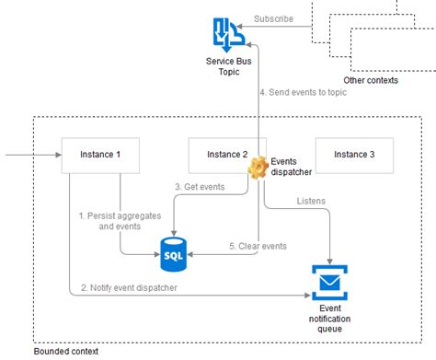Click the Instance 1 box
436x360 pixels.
coord(100,155)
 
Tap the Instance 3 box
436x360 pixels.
coord(354,155)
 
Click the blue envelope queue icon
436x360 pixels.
coord(329,279)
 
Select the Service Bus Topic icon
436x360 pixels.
coord(225,34)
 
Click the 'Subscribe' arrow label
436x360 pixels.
coord(274,18)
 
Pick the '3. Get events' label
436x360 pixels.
coord(200,187)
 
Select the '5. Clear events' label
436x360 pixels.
coord(258,246)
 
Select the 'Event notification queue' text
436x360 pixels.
coord(329,319)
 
